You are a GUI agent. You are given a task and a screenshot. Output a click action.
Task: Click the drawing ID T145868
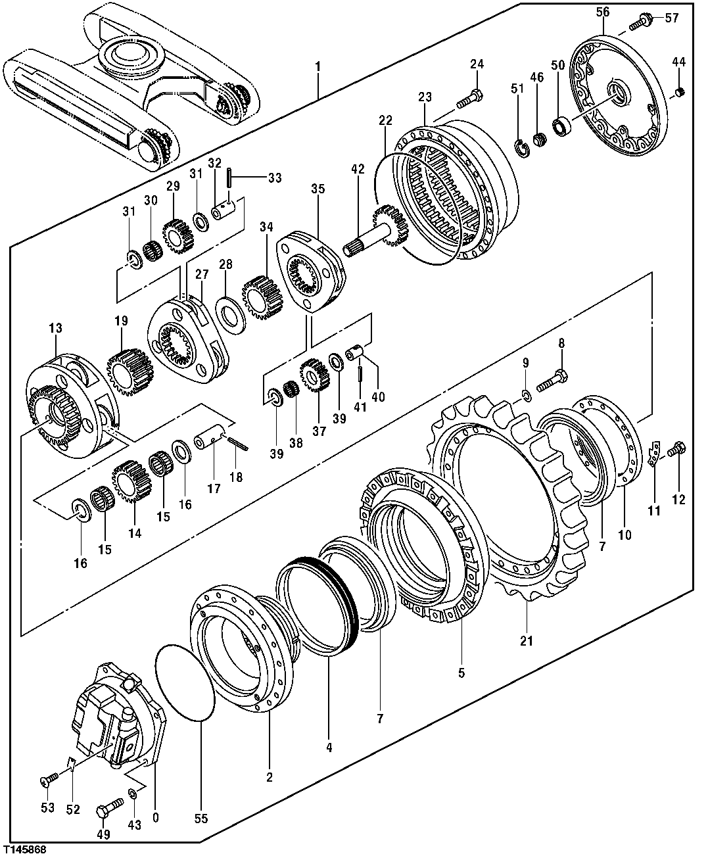(24, 849)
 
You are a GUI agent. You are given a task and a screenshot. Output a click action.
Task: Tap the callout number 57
(671, 18)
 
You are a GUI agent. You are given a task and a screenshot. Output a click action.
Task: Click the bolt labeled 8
(553, 382)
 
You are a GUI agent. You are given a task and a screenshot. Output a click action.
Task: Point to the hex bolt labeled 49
(110, 806)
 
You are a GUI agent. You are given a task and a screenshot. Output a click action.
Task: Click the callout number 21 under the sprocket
(527, 640)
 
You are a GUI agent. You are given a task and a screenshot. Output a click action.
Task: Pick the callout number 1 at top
(318, 66)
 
